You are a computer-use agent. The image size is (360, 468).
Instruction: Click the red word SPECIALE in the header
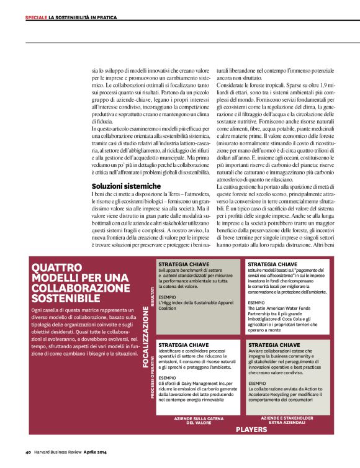click(x=36, y=17)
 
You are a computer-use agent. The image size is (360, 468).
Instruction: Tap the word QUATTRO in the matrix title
click(x=56, y=268)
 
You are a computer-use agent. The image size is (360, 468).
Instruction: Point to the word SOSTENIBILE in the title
click(x=65, y=299)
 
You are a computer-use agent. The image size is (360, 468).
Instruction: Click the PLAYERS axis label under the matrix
click(x=251, y=428)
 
